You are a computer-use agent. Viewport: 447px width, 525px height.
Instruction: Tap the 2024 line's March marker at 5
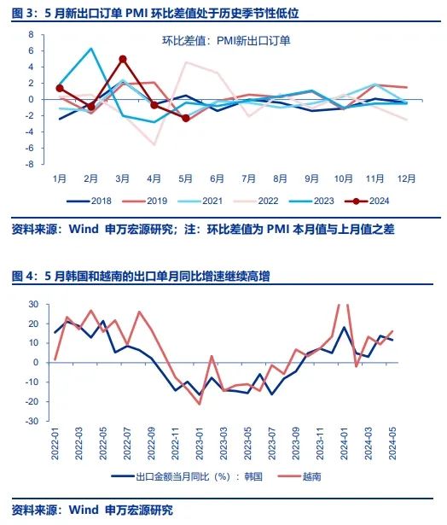pyautogui.click(x=123, y=59)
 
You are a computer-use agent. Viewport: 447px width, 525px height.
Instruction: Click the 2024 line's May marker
pyautogui.click(x=186, y=118)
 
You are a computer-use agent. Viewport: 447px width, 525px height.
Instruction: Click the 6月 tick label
pyautogui.click(x=217, y=178)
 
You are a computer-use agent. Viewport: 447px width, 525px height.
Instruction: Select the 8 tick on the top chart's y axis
pyautogui.click(x=30, y=35)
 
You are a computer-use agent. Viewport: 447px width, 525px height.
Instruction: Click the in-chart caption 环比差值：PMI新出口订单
pyautogui.click(x=227, y=40)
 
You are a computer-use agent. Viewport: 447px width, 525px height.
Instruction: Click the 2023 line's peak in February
pyautogui.click(x=91, y=49)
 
